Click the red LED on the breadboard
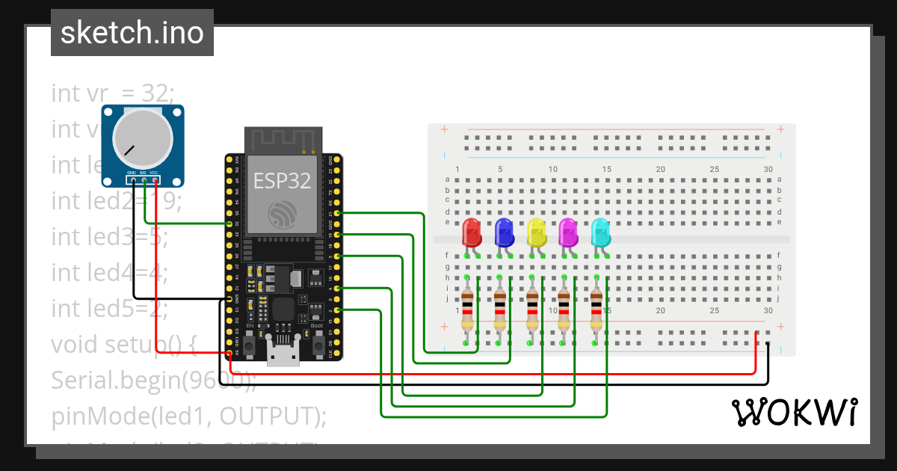[x=472, y=233]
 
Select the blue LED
[x=504, y=233]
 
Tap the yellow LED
[x=536, y=233]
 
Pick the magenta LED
[x=568, y=233]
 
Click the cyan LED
[x=600, y=233]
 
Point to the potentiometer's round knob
[x=142, y=138]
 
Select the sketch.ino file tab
[x=132, y=33]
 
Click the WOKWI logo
[x=794, y=412]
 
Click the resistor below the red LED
[x=467, y=310]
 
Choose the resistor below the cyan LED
[x=596, y=310]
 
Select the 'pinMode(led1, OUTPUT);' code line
[x=189, y=416]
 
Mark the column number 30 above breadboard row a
[x=768, y=170]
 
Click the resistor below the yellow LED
[x=531, y=310]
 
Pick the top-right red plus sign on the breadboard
[x=780, y=129]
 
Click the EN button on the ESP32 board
[x=250, y=345]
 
